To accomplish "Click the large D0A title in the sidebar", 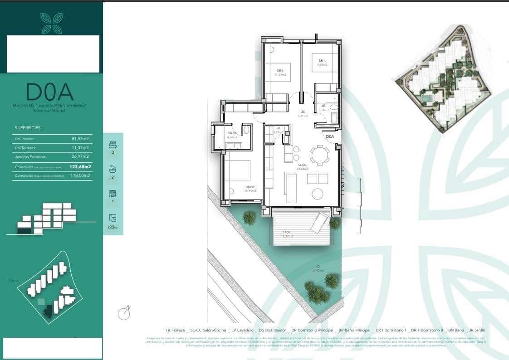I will coord(50,92).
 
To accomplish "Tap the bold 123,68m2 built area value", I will coord(80,167).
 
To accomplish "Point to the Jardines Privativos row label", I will coord(31,156).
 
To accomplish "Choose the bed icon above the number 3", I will coord(113,145).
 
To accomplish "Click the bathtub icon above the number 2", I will coord(113,169).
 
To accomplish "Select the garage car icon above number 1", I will coord(113,194).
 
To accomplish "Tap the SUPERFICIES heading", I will coord(28,128).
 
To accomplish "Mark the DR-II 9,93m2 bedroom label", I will coord(323,63).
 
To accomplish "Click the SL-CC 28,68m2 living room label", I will coord(303,167).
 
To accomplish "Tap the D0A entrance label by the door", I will coord(330,136).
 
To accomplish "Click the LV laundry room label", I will coord(278,130).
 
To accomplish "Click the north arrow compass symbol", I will coord(124,313).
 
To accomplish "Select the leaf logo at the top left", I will coord(51,23).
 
